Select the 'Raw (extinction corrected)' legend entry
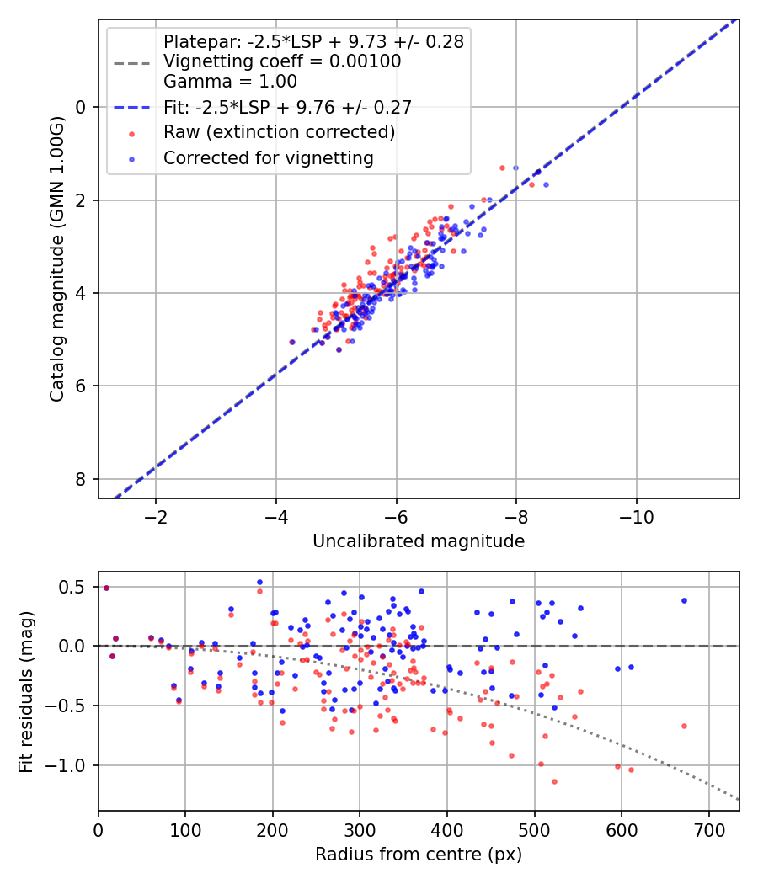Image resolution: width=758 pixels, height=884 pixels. tap(279, 132)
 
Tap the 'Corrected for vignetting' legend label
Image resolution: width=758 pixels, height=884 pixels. tap(268, 157)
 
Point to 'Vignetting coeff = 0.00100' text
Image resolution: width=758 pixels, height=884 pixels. tap(282, 61)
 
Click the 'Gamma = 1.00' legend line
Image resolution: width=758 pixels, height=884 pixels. tap(230, 82)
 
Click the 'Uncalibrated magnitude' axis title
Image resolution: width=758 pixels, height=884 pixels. tap(419, 541)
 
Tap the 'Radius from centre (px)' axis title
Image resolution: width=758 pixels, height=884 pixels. tap(419, 855)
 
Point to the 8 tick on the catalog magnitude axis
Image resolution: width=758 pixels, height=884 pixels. tap(82, 479)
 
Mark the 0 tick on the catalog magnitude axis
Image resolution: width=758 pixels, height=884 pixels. tap(82, 107)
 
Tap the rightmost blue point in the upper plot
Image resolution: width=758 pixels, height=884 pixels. tap(546, 184)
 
